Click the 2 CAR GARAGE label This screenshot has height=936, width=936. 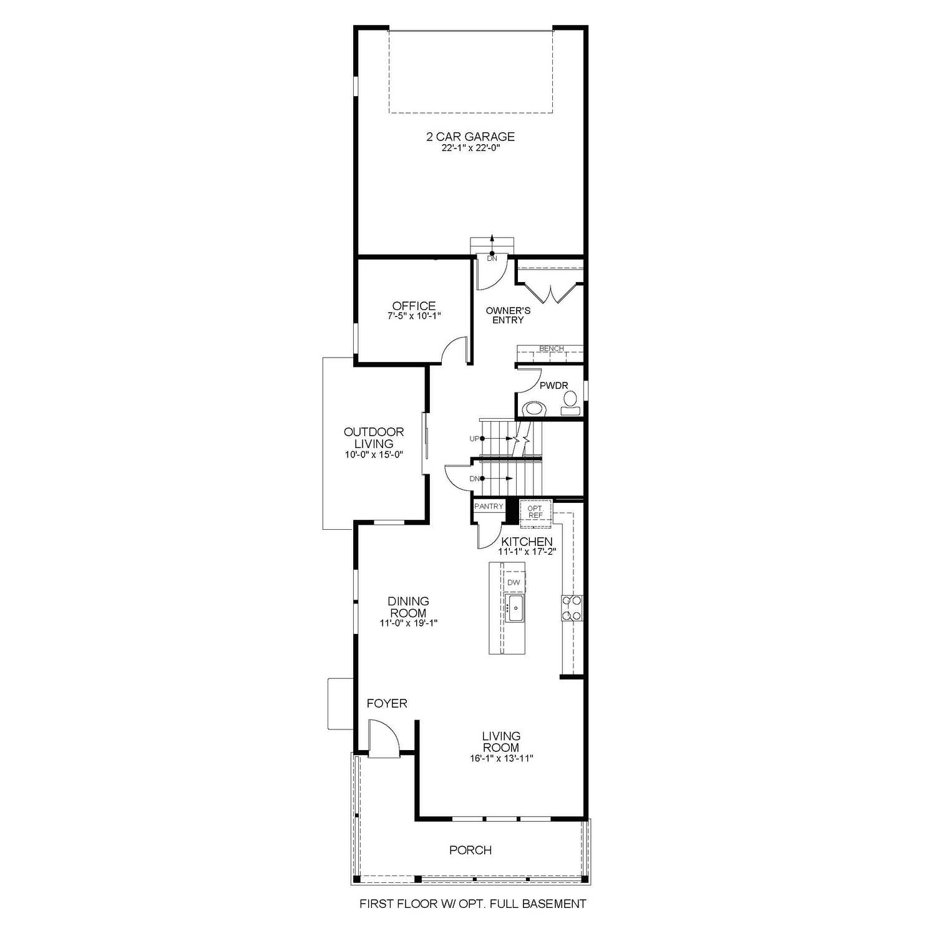(x=470, y=137)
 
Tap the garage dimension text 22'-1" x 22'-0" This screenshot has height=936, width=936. (x=470, y=149)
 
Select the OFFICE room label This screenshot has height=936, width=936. (x=414, y=306)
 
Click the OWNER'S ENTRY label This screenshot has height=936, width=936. (x=508, y=315)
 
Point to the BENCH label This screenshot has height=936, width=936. (x=551, y=349)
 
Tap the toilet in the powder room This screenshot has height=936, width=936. (x=534, y=409)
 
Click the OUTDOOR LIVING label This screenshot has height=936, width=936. (x=374, y=437)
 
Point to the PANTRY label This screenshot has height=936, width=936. (x=489, y=506)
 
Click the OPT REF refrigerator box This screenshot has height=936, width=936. (x=535, y=512)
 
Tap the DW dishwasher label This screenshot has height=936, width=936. (x=514, y=582)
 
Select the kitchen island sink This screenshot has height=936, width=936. (x=515, y=608)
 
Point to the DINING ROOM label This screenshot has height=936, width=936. (x=409, y=607)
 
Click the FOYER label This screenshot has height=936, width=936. (x=387, y=704)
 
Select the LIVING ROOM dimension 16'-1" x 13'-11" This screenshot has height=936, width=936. (x=501, y=759)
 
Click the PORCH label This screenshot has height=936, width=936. (x=470, y=850)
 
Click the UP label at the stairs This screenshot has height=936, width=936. (x=474, y=439)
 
